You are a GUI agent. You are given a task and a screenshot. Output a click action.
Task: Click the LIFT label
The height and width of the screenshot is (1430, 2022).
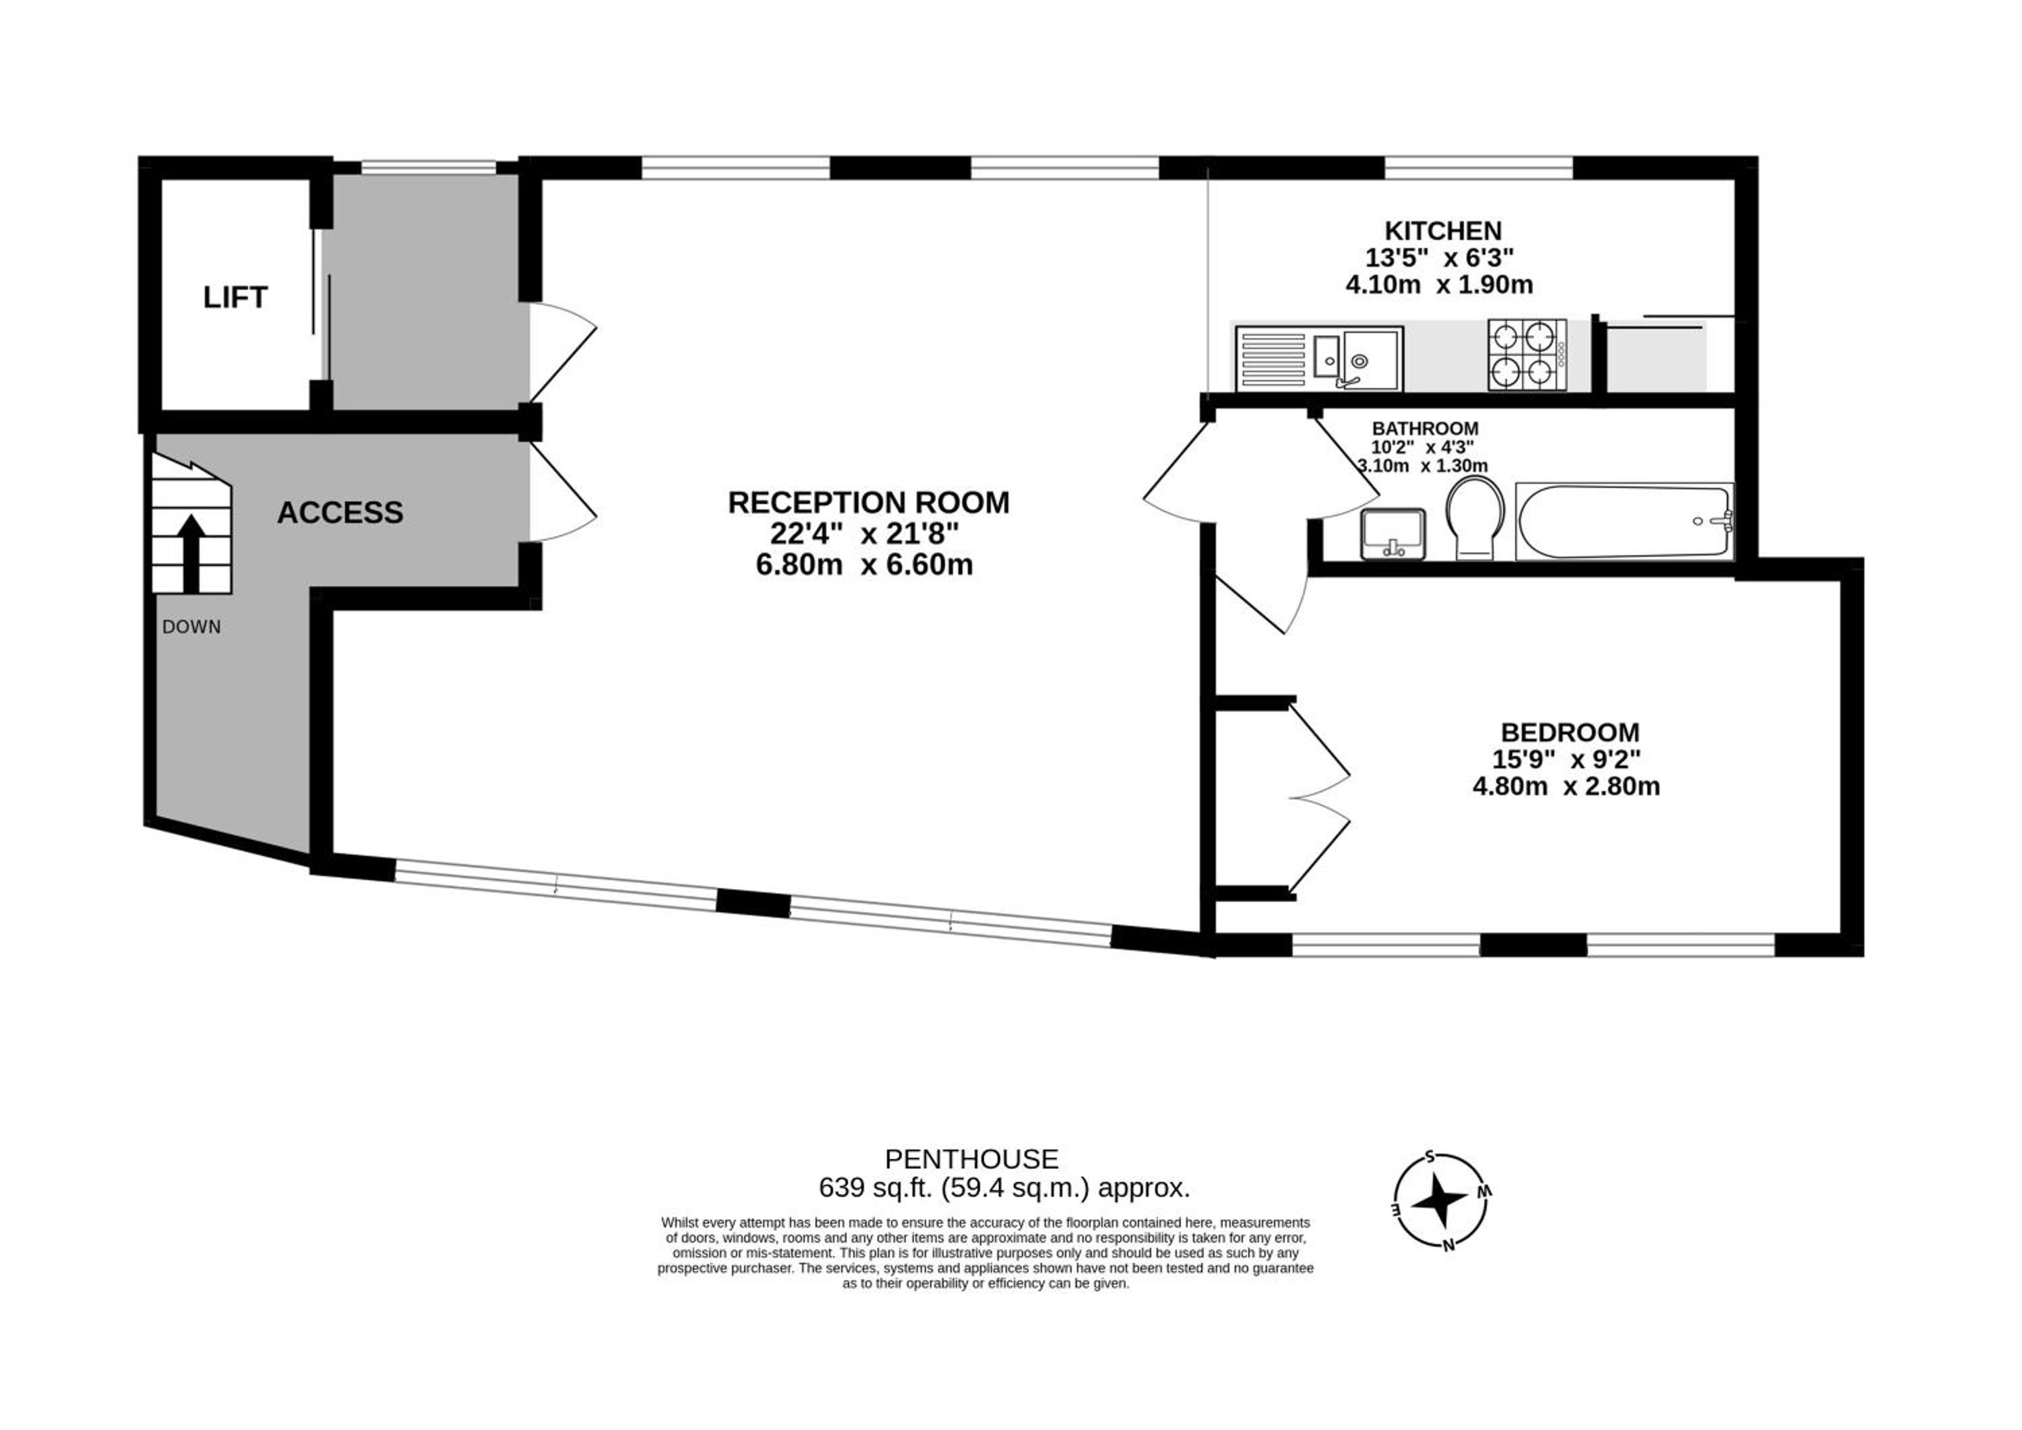(235, 298)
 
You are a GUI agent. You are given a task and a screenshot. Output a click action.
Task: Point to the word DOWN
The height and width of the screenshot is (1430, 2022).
(191, 627)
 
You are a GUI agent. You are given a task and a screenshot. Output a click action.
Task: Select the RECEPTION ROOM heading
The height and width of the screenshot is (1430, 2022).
(868, 502)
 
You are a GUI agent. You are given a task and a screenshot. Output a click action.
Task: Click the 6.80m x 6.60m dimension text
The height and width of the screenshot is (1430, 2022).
(864, 565)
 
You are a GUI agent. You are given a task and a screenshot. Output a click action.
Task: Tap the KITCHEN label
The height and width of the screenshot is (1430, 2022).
(1444, 230)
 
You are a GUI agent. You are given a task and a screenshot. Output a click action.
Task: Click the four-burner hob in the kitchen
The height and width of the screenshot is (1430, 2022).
(1528, 355)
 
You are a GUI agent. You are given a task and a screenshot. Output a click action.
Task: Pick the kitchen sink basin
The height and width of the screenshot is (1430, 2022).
(1370, 359)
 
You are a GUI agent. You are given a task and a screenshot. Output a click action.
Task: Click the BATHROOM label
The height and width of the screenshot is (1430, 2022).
(1425, 429)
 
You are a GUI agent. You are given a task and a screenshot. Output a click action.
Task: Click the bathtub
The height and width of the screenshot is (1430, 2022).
(1624, 522)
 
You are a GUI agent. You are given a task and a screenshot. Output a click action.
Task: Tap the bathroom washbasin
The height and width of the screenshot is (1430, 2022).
(1393, 534)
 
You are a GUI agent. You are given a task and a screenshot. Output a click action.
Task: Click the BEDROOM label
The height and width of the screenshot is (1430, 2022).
(1570, 733)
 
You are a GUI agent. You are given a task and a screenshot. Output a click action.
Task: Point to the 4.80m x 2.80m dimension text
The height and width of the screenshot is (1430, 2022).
(1566, 786)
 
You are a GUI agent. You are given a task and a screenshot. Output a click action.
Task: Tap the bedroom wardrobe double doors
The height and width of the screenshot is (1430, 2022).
(1319, 799)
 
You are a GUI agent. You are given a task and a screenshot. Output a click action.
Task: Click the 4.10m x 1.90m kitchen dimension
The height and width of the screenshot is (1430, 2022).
(1440, 285)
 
